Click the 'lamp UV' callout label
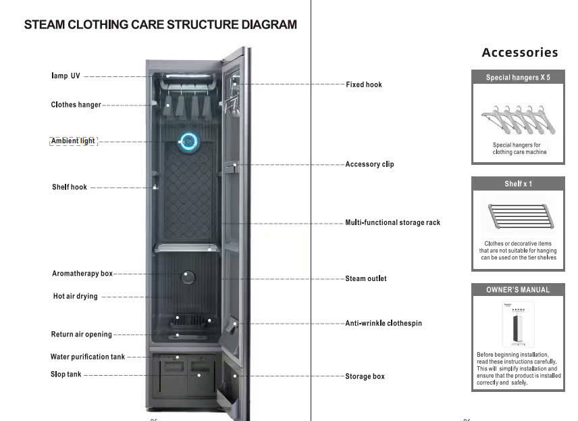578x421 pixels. [x=65, y=76]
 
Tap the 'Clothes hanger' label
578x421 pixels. [x=76, y=105]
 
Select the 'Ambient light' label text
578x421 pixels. [x=74, y=141]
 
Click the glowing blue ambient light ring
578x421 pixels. [x=189, y=141]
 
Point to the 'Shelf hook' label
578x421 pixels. [x=70, y=187]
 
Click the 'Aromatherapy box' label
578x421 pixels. [x=82, y=274]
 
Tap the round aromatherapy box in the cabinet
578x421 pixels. [x=188, y=277]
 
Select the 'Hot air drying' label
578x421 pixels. [x=75, y=296]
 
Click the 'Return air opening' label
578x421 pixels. [x=81, y=335]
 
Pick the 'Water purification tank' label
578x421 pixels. [x=88, y=357]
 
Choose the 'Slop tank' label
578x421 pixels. [x=66, y=374]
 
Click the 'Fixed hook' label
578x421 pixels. [x=364, y=84]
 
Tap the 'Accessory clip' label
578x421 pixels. [x=369, y=164]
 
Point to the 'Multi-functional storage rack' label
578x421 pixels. [x=392, y=222]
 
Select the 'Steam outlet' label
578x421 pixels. [x=366, y=278]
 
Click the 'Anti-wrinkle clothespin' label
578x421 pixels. [x=384, y=323]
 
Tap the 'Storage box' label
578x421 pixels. [x=365, y=376]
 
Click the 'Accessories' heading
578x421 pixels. [x=519, y=53]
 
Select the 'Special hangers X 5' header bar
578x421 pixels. [x=518, y=78]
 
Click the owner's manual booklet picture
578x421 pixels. [x=518, y=325]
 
